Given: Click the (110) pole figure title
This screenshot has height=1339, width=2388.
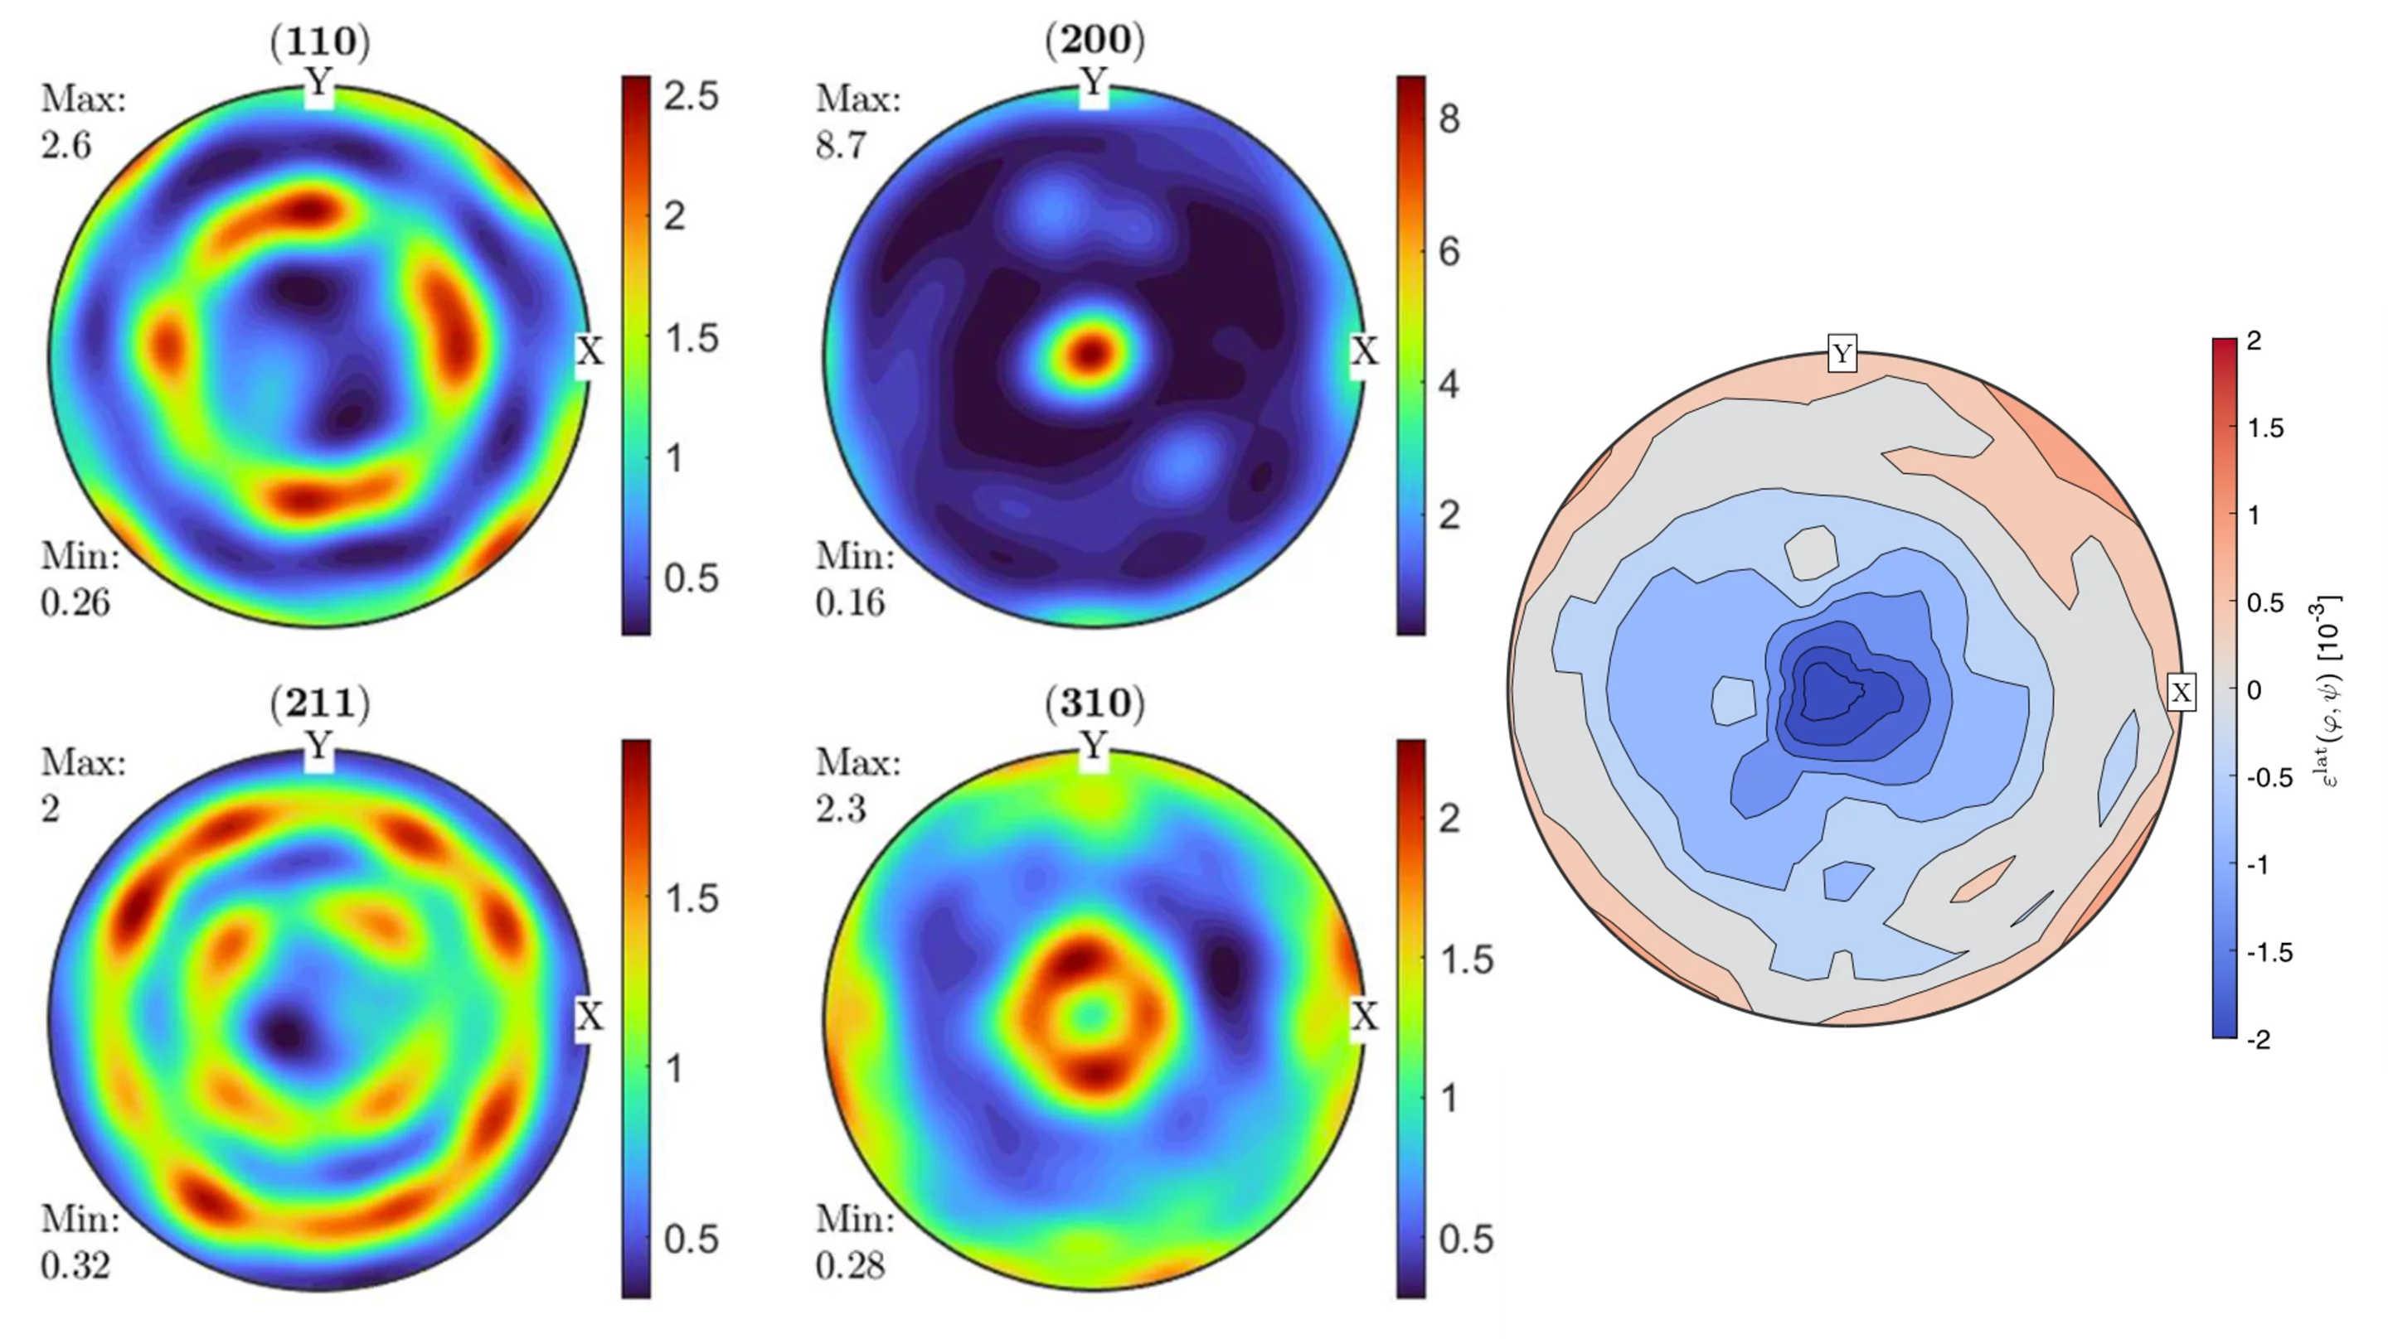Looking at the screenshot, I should (320, 41).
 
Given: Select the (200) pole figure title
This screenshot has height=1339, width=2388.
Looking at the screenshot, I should (1094, 41).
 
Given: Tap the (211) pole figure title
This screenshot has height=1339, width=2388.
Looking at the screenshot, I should (320, 703).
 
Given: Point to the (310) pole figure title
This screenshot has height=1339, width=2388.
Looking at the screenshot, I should (1094, 703).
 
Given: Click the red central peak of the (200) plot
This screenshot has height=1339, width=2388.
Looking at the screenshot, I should (1091, 353).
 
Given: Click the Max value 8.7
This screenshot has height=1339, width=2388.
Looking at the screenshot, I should (841, 146).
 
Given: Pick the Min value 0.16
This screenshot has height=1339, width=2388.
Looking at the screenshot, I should (850, 602).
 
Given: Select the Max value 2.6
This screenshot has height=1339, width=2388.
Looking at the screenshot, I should (66, 146).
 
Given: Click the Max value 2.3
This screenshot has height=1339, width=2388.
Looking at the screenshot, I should (841, 809).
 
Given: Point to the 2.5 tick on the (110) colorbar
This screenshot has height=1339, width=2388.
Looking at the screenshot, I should (691, 96).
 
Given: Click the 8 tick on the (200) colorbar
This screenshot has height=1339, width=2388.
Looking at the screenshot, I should (1449, 118).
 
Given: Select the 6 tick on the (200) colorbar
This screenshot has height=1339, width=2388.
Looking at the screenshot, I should (1449, 251).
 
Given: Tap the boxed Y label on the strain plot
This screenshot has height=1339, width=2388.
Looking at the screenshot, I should (1842, 354).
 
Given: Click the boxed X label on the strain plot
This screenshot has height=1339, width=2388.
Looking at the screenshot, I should (2182, 692).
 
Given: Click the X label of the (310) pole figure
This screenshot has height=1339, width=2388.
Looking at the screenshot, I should (1364, 1017).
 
